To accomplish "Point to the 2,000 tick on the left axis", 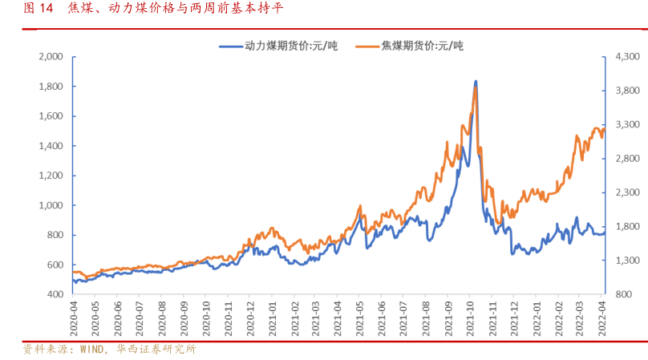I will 51,57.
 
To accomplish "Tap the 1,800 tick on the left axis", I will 51,87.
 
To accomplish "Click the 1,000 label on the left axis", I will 51,205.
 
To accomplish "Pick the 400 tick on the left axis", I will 55,294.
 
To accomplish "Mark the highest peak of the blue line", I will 476,81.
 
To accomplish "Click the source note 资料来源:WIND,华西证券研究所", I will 109,350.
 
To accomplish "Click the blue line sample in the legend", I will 232,46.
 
